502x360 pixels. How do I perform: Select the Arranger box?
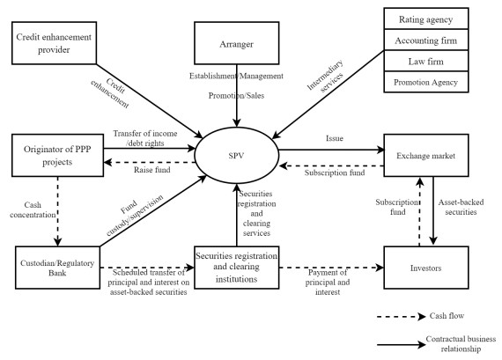pos(236,43)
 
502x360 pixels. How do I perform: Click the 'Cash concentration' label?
pos(32,209)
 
